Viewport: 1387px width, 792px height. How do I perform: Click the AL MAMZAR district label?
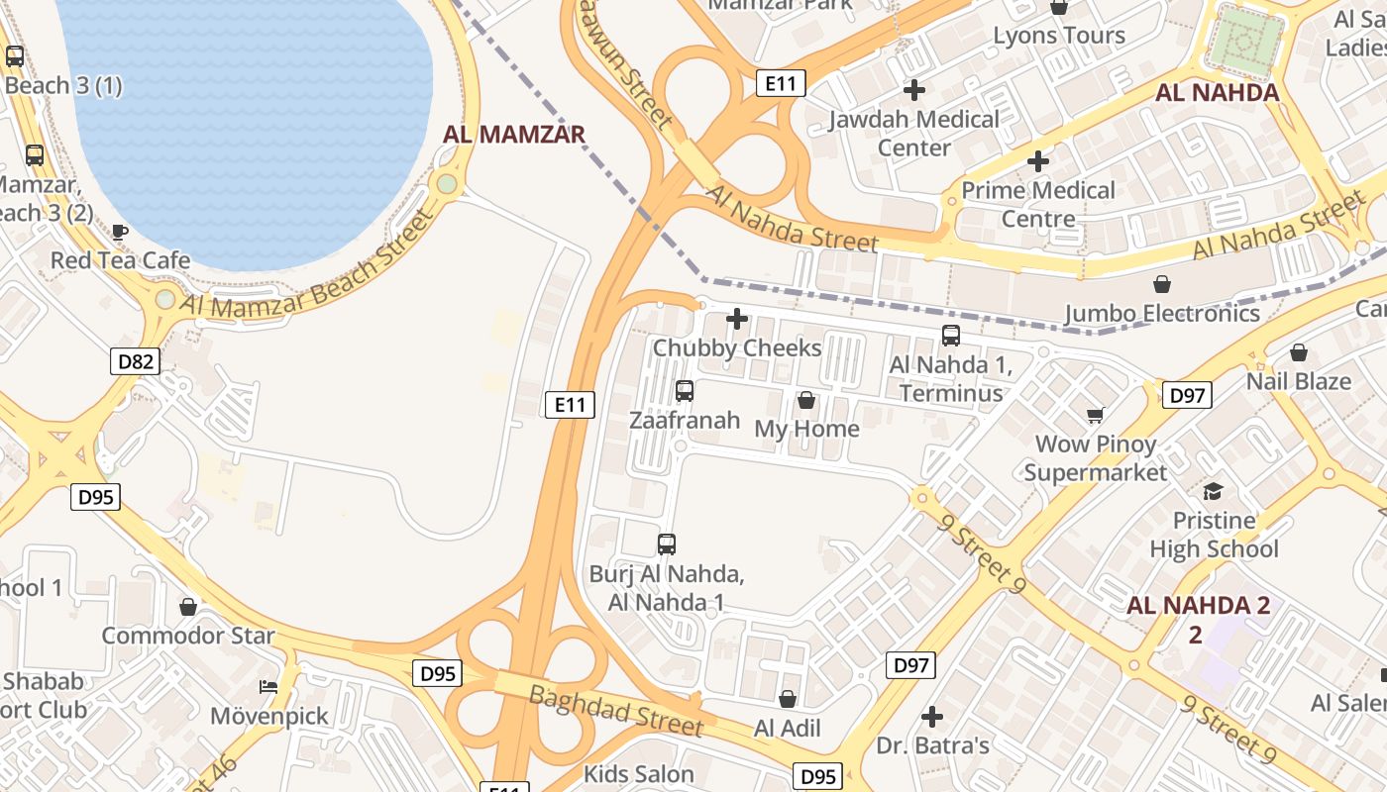[x=514, y=135]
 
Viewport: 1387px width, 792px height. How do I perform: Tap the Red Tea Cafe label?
[x=120, y=260]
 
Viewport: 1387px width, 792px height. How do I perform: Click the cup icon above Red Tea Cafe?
[x=120, y=232]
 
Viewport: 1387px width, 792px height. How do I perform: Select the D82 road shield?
[x=136, y=361]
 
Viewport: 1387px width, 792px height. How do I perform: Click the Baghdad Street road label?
[x=615, y=710]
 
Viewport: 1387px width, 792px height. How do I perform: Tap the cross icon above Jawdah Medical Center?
[x=914, y=90]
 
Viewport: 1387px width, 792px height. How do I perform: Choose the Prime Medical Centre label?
[x=1038, y=204]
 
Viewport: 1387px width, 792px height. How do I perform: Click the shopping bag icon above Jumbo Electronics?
[x=1162, y=285]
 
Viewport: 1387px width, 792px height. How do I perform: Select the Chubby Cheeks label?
[x=737, y=348]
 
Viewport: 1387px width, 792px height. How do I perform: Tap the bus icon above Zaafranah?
[x=684, y=391]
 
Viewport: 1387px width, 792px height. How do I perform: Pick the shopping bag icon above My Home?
[x=806, y=400]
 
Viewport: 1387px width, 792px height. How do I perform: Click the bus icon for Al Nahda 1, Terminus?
[x=951, y=336]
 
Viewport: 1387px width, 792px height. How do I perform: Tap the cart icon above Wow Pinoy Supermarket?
[x=1095, y=415]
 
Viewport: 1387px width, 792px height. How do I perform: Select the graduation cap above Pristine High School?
[x=1213, y=492]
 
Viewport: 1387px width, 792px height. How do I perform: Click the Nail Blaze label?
[x=1298, y=381]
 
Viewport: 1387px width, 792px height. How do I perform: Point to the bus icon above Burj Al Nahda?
[x=667, y=544]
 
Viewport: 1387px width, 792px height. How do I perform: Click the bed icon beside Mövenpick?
[x=267, y=686]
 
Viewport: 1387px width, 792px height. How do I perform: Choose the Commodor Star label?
[x=188, y=636]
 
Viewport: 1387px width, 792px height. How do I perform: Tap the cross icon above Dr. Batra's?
[x=932, y=716]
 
